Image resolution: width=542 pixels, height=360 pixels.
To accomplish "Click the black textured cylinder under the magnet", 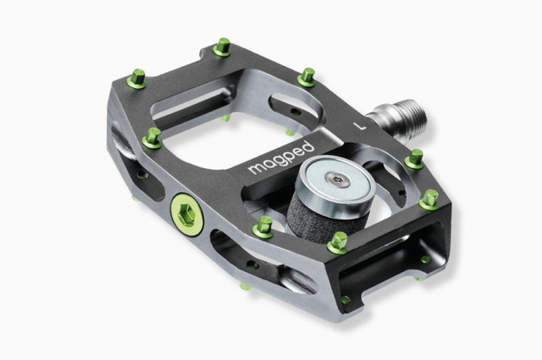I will pos(312,215).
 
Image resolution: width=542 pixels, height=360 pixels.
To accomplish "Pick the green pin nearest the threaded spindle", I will pos(414,159).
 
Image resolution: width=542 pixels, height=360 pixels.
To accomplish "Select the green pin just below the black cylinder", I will pos(338,242).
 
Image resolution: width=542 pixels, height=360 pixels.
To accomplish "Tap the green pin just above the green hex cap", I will pos(153,137).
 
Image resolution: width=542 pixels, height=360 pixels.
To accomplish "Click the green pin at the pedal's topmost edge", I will pos(222,47).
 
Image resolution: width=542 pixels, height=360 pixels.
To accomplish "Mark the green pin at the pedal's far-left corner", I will pos(138,77).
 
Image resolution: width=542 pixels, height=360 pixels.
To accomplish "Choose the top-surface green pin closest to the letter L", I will pos(306,76).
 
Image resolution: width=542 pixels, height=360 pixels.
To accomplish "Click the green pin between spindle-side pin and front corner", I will pos(429,199).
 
